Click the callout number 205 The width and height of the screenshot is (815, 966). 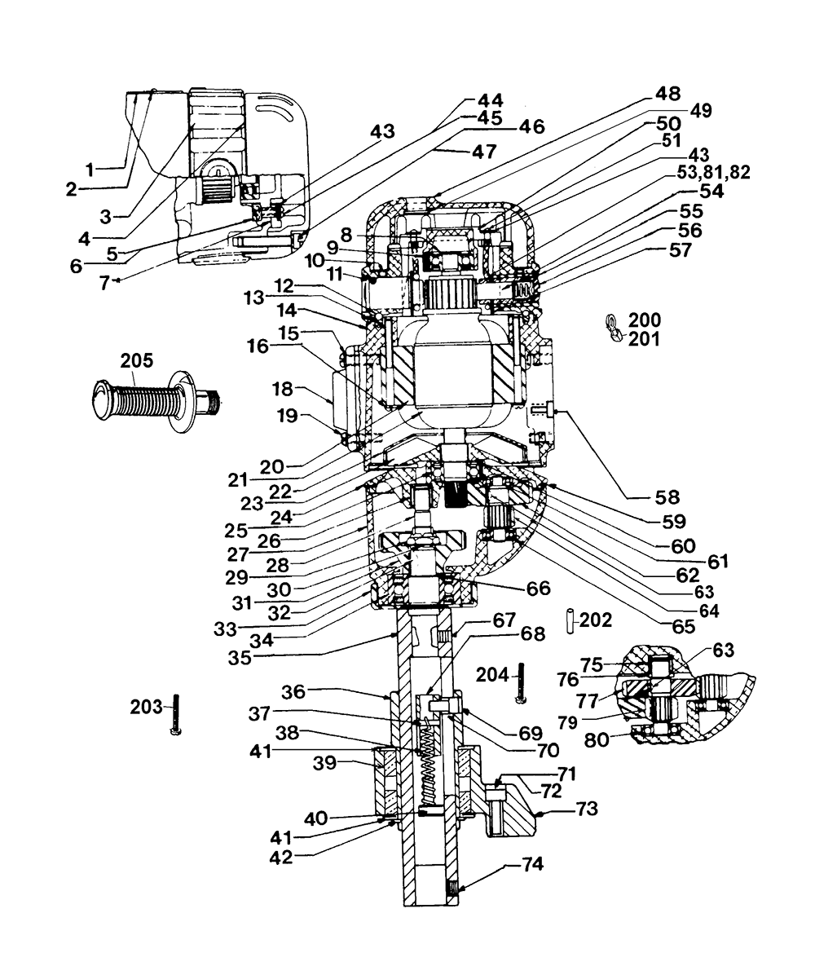[x=137, y=360]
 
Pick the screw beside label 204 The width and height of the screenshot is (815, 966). [x=522, y=682]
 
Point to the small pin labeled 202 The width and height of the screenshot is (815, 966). [x=570, y=620]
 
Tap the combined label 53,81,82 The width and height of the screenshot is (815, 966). [x=713, y=172]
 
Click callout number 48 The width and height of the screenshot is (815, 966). [x=667, y=94]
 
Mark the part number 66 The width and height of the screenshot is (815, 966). [x=538, y=589]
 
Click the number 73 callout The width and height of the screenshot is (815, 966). [x=587, y=809]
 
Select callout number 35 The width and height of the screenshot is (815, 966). [x=240, y=657]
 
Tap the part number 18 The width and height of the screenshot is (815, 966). [x=283, y=390]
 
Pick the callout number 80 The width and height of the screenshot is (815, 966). [x=597, y=739]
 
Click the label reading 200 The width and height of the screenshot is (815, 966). [x=645, y=320]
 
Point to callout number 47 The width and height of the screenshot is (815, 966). [x=483, y=151]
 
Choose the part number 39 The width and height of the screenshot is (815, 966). [x=324, y=763]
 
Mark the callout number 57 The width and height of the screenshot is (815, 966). [x=680, y=250]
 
